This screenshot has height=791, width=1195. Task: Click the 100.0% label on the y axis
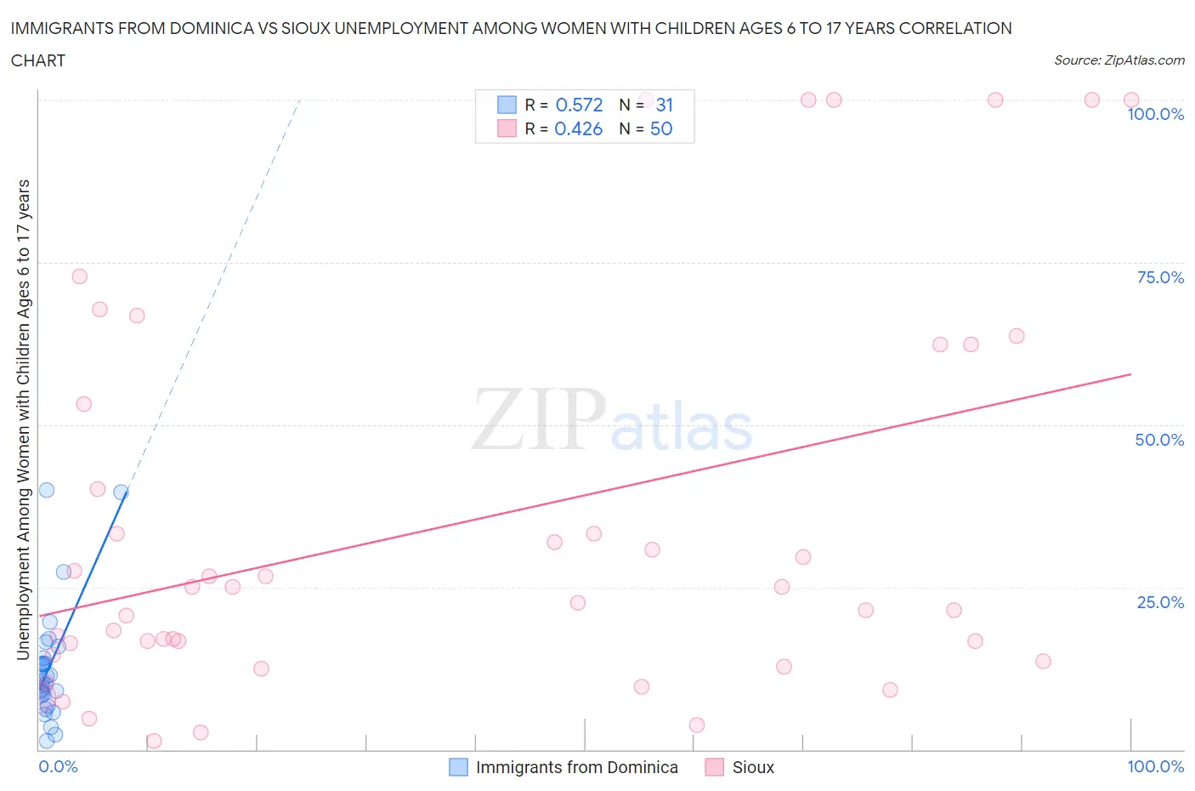pyautogui.click(x=1155, y=115)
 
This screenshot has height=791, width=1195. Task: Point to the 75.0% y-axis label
pyautogui.click(x=1160, y=277)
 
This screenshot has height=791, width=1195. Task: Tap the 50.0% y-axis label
pyautogui.click(x=1159, y=440)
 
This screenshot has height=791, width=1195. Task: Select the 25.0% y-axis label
pyautogui.click(x=1160, y=602)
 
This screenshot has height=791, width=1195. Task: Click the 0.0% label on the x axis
pyautogui.click(x=58, y=766)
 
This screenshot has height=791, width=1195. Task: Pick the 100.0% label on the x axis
pyautogui.click(x=1155, y=766)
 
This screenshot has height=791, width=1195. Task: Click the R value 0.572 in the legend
pyautogui.click(x=579, y=105)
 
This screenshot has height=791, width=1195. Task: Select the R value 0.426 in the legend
pyautogui.click(x=579, y=128)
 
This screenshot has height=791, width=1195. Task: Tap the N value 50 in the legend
pyautogui.click(x=661, y=128)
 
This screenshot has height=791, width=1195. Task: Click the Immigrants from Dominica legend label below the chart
pyautogui.click(x=576, y=767)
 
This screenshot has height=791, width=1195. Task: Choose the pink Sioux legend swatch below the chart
pyautogui.click(x=714, y=767)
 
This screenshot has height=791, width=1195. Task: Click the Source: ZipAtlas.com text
pyautogui.click(x=1119, y=60)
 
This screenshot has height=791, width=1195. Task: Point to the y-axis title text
pyautogui.click(x=23, y=419)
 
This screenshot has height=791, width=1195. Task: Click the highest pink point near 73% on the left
pyautogui.click(x=79, y=276)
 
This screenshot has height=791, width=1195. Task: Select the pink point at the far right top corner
pyautogui.click(x=1131, y=100)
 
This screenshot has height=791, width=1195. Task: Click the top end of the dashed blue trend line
pyautogui.click(x=300, y=100)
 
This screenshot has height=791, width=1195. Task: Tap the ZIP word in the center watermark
pyautogui.click(x=538, y=419)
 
